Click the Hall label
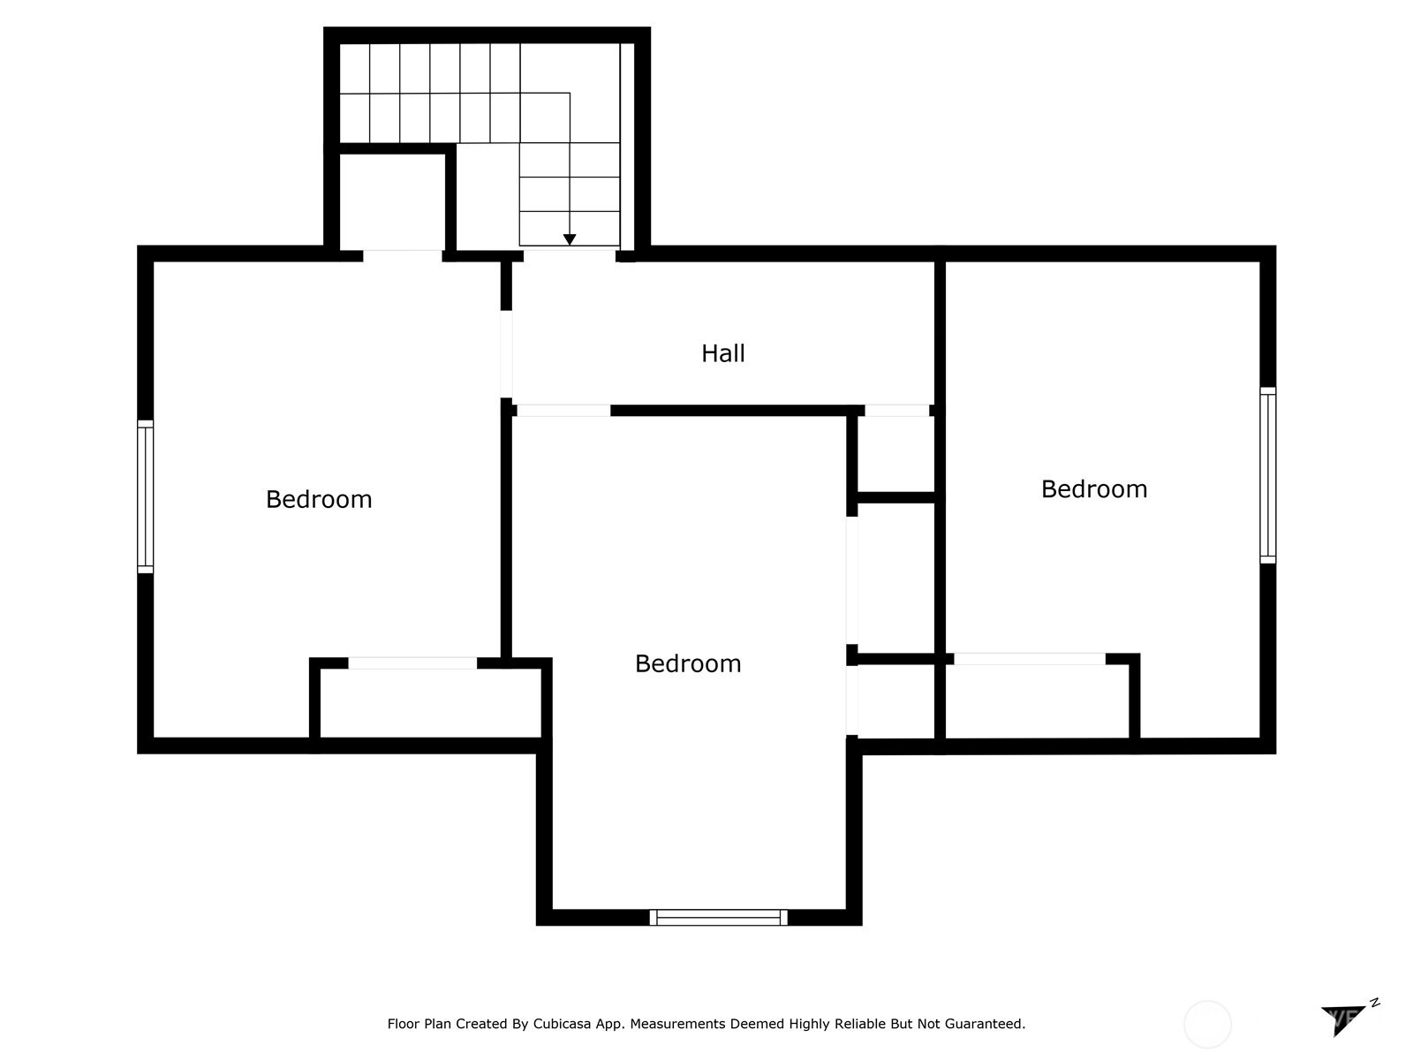[x=722, y=353]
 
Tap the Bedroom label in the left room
[x=319, y=499]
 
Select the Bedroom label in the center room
[x=687, y=663]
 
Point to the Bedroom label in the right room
[x=1093, y=489]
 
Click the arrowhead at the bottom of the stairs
[x=569, y=239]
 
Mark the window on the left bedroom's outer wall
[x=145, y=496]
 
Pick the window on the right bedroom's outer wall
[x=1267, y=475]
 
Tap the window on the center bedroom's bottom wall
[x=718, y=917]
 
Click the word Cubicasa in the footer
[x=562, y=1024]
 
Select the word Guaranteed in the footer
[x=988, y=1024]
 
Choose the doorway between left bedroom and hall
[x=506, y=354]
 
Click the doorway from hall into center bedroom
[x=563, y=411]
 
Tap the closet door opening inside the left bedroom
[x=412, y=662]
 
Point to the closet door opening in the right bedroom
[x=1030, y=658]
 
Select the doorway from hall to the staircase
[x=569, y=255]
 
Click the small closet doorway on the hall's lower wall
[x=896, y=411]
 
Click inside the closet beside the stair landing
[x=392, y=201]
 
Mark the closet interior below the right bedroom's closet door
[x=1037, y=701]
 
